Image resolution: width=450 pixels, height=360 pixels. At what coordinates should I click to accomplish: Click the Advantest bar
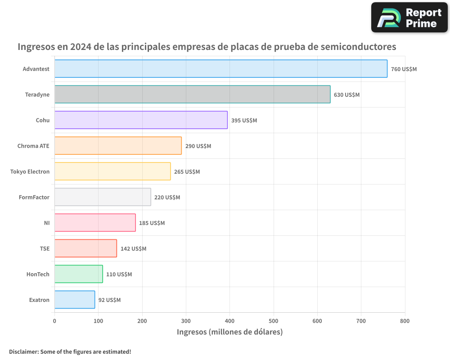coord(220,69)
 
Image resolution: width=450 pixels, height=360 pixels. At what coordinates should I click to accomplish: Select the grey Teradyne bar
coord(192,94)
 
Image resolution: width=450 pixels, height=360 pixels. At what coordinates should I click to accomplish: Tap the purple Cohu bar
coord(141,120)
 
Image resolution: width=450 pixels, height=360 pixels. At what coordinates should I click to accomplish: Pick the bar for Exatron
coord(75,300)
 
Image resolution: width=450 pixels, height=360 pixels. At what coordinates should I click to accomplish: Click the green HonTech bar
coord(79,274)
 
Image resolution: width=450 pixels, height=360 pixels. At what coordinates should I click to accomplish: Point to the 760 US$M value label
coord(404,69)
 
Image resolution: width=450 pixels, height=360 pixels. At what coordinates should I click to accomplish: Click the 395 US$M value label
coord(244,121)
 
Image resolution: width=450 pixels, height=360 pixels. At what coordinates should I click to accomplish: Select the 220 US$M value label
coord(167,198)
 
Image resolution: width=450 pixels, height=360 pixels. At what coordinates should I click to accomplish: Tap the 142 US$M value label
coord(133,249)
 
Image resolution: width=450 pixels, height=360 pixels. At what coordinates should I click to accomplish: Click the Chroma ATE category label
coord(33,146)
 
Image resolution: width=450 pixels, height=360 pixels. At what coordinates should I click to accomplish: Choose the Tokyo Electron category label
coord(30,171)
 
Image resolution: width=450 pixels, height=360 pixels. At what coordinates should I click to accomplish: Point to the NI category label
coord(47,223)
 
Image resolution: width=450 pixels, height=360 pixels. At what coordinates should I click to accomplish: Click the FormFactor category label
coord(34,197)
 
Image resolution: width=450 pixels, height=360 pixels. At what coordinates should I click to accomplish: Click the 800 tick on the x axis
coord(405,321)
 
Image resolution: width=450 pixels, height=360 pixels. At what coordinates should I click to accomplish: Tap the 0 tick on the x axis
coord(54,321)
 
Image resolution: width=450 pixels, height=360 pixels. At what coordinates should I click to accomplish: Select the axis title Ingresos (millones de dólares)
coord(229,332)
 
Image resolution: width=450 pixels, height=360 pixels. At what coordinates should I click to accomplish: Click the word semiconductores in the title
coord(354,46)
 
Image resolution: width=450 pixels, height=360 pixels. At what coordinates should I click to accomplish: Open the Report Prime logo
coord(409,18)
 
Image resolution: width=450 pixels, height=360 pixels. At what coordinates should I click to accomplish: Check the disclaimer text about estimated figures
coord(70,351)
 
